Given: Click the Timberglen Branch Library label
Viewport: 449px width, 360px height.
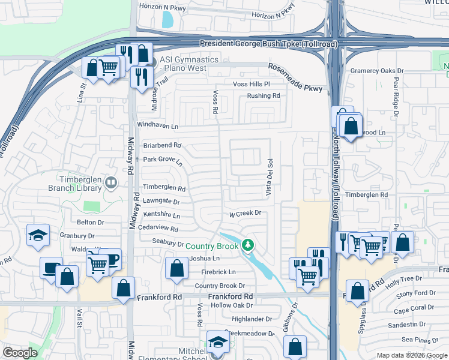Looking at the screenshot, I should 73,183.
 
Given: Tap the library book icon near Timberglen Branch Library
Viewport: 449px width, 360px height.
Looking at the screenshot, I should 110,182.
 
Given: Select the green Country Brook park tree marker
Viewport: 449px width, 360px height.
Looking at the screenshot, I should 247,245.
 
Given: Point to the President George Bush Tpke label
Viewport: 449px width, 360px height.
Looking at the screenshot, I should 268,44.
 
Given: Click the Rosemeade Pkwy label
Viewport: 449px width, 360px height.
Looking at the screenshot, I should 295,78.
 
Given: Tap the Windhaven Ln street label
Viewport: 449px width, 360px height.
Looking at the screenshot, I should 158,126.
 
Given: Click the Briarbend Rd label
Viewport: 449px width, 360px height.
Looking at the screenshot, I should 161,145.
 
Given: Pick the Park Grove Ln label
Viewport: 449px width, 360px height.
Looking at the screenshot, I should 163,161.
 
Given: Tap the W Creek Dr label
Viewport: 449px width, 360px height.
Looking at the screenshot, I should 245,213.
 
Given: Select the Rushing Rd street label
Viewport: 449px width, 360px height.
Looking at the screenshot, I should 264,95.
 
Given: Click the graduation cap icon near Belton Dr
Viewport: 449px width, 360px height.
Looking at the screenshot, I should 37,235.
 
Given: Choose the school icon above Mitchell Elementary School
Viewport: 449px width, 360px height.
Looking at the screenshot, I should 218,341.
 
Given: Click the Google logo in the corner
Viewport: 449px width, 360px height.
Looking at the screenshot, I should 20,353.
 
